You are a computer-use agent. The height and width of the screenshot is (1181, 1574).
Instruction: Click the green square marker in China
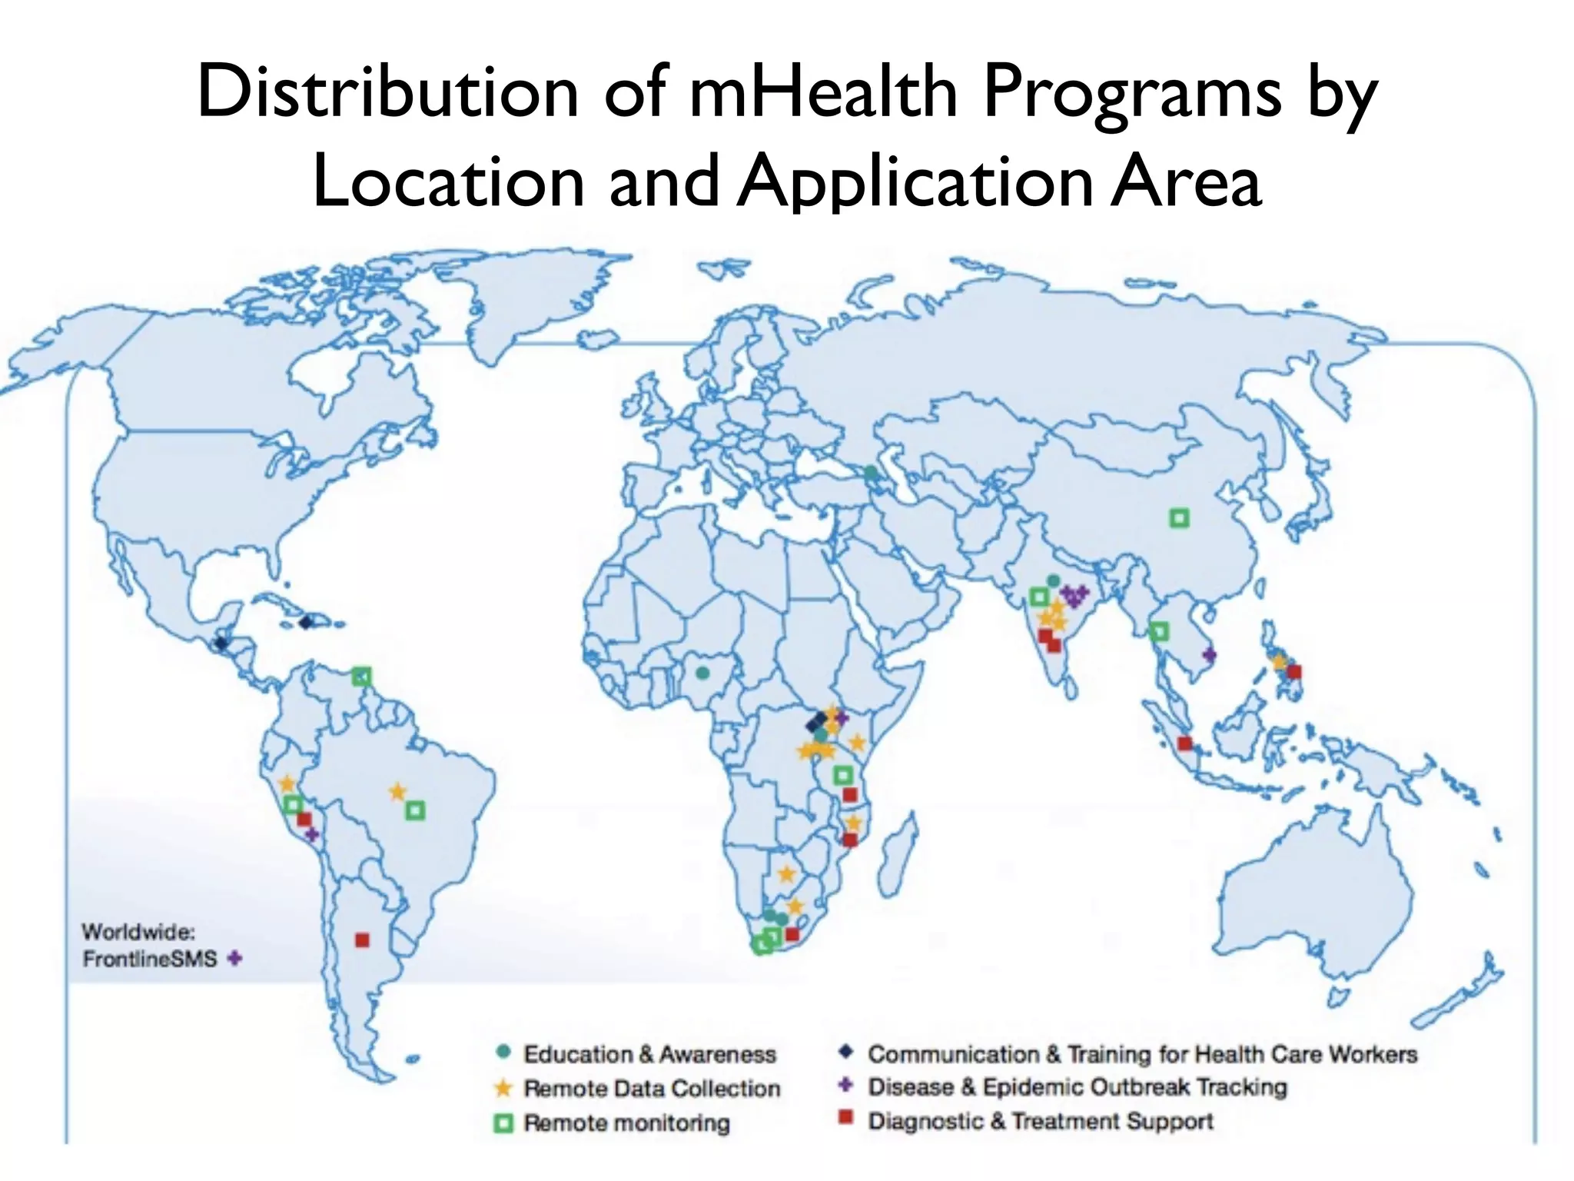(x=1179, y=518)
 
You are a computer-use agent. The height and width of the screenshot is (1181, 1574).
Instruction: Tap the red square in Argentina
(x=362, y=940)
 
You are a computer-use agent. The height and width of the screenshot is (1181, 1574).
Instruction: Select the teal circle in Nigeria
(x=702, y=673)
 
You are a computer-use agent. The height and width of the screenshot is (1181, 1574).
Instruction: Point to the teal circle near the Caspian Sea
(x=871, y=473)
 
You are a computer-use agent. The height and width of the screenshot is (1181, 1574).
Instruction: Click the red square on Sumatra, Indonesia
(x=1185, y=743)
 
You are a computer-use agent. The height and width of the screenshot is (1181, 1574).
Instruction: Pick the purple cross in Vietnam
(x=1209, y=655)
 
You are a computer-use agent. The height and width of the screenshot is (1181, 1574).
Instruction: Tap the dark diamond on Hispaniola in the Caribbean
(x=307, y=621)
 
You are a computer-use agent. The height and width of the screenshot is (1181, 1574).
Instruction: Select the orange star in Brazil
(x=397, y=791)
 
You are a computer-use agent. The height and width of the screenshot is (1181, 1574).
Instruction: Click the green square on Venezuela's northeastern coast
(x=362, y=677)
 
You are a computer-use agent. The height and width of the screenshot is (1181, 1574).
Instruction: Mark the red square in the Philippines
(x=1294, y=671)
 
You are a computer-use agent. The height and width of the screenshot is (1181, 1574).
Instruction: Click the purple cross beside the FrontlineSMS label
(x=235, y=959)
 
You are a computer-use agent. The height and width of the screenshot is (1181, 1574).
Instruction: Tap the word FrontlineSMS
(x=150, y=960)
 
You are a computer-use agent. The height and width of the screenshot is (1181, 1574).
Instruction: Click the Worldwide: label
(x=138, y=932)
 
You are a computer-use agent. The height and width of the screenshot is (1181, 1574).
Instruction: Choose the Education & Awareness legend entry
(x=649, y=1053)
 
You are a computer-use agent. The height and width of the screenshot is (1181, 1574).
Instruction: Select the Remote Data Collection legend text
(x=652, y=1088)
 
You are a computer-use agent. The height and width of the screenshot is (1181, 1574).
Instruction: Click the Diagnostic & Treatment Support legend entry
(x=1041, y=1121)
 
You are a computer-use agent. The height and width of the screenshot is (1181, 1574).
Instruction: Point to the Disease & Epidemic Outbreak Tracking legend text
(x=1077, y=1086)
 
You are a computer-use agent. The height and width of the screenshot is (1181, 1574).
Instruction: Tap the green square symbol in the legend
(x=503, y=1123)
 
